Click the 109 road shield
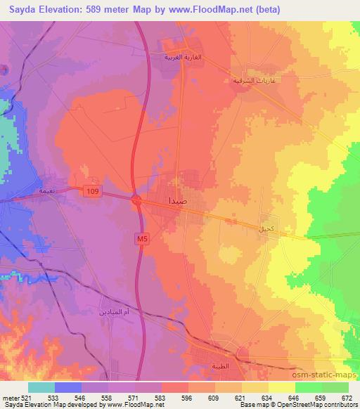(x=93, y=191)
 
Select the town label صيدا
(x=179, y=201)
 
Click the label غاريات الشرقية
(x=248, y=80)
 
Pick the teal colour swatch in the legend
(x=41, y=388)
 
